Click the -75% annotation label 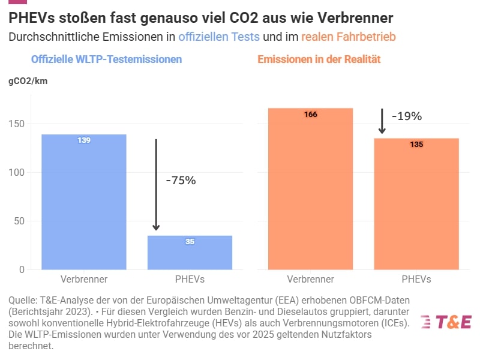pyautogui.click(x=181, y=180)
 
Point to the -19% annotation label pyautogui.click(x=407, y=116)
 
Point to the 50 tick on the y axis pyautogui.click(x=19, y=221)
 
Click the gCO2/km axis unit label pyautogui.click(x=28, y=82)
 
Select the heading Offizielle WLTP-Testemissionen pyautogui.click(x=106, y=59)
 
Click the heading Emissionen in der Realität pyautogui.click(x=319, y=59)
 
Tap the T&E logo pyautogui.click(x=446, y=322)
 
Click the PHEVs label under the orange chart pyautogui.click(x=416, y=280)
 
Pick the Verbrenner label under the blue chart pyautogui.click(x=84, y=280)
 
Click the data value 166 pyautogui.click(x=311, y=115)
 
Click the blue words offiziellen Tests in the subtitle pyautogui.click(x=219, y=37)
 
